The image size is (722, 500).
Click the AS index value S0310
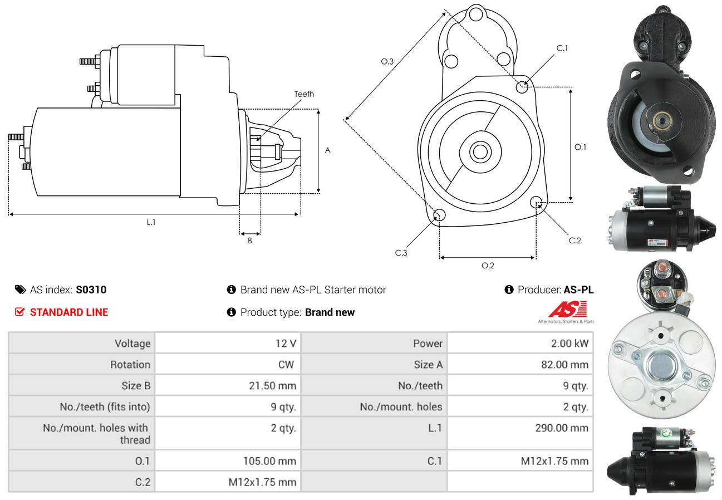coord(91,290)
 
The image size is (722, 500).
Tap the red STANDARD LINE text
coord(69,312)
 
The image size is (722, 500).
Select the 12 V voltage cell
coord(286,344)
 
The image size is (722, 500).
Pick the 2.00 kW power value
coord(569,344)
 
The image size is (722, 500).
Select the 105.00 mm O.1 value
coord(269,461)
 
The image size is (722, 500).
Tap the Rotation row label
coord(130,365)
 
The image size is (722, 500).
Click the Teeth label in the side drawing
coord(304,94)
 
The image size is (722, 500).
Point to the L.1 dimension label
coord(151,222)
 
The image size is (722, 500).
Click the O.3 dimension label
coord(387,62)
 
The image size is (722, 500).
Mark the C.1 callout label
coord(562,48)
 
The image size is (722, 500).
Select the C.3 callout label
coord(401,253)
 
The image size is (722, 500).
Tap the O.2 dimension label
coord(488,266)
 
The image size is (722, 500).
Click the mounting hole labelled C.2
coord(536,202)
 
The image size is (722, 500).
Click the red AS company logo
coord(567,310)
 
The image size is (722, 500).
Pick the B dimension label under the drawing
coord(250,241)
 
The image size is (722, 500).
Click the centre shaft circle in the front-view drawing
coord(479,151)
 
